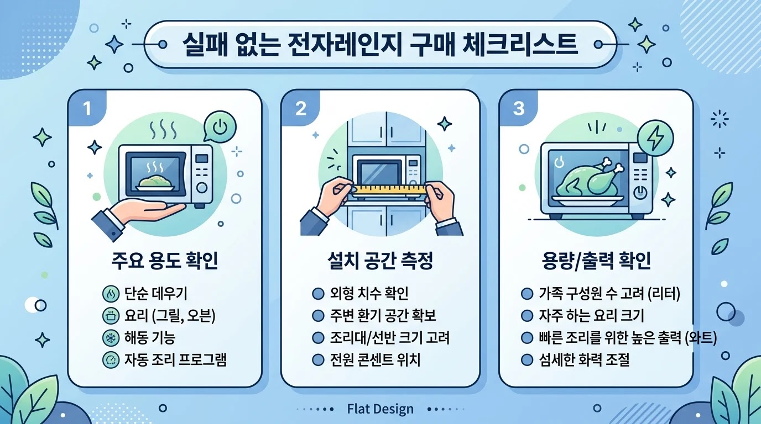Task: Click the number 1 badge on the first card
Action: [x=87, y=109]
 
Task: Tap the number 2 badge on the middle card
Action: [x=301, y=109]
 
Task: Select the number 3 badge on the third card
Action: [x=518, y=109]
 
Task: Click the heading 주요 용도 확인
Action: [x=165, y=261]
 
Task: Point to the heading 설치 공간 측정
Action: [x=380, y=261]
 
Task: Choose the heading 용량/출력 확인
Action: [x=596, y=261]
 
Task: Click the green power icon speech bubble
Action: [x=220, y=127]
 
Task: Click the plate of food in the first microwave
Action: [x=155, y=183]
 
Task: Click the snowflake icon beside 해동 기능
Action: [x=111, y=338]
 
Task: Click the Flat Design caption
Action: [x=380, y=409]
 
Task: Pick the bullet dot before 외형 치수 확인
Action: [x=317, y=293]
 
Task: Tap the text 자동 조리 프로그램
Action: [x=175, y=360]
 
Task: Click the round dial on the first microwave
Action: [x=202, y=188]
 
